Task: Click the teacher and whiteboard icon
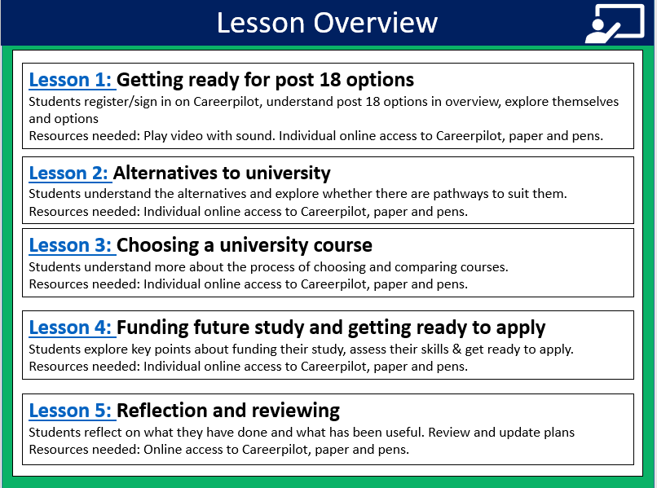[x=615, y=24]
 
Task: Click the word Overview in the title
[x=376, y=23]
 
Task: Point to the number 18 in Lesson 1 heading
[x=330, y=80]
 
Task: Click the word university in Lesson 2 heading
[x=288, y=174]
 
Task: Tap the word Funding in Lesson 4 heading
[x=152, y=328]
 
